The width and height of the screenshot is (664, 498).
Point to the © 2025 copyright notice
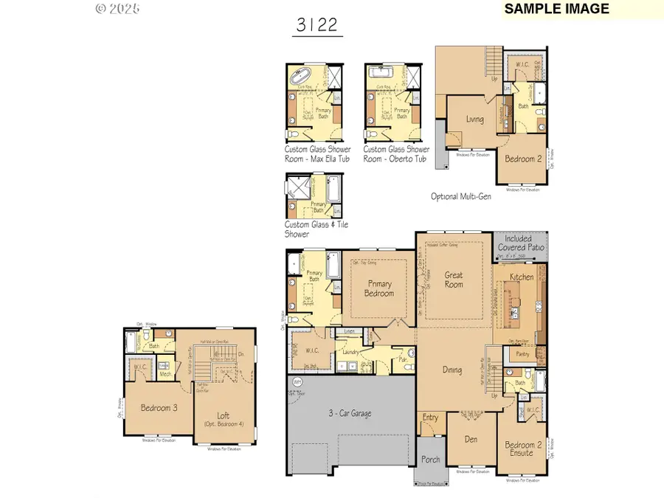tap(118, 9)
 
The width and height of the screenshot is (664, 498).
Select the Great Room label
tap(453, 279)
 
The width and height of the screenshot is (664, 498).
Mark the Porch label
tap(430, 460)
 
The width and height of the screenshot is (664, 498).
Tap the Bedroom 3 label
tap(157, 407)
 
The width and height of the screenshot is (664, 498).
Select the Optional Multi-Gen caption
tap(461, 196)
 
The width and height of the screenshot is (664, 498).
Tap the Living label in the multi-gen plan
tap(475, 120)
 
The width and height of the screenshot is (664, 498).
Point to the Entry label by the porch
tap(430, 418)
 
